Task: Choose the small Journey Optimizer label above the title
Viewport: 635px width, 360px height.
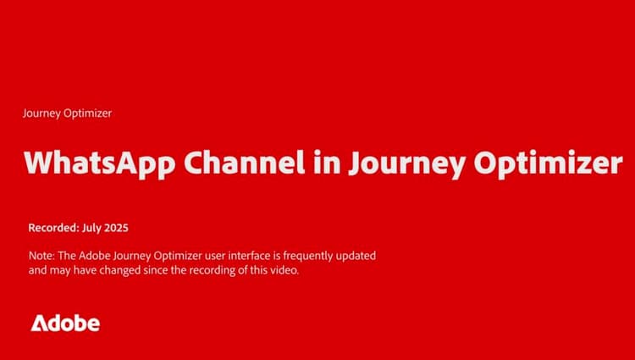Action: tap(67, 113)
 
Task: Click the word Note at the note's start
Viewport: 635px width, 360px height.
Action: tap(40, 255)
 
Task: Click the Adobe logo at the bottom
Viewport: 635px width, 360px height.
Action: tap(65, 323)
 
